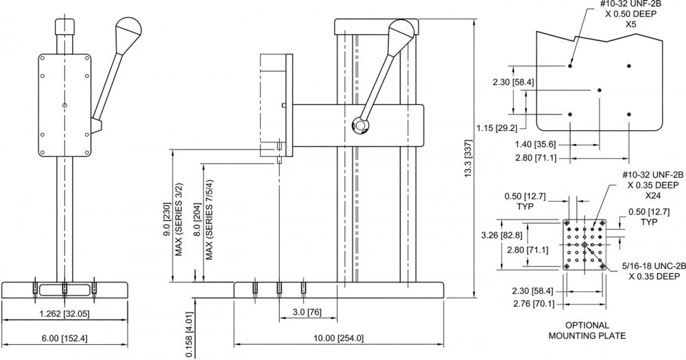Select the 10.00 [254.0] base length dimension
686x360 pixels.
click(339, 338)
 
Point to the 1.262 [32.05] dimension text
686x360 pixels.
click(64, 313)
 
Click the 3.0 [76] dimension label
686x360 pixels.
click(307, 312)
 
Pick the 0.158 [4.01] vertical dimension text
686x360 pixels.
click(189, 328)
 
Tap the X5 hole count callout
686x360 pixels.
click(630, 24)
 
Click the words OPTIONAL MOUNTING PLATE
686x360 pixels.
click(587, 331)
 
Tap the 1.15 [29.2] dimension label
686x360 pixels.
click(497, 128)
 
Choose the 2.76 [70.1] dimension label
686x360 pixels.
click(533, 304)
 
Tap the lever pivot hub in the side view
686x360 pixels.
click(361, 125)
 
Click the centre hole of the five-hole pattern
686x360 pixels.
click(600, 90)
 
